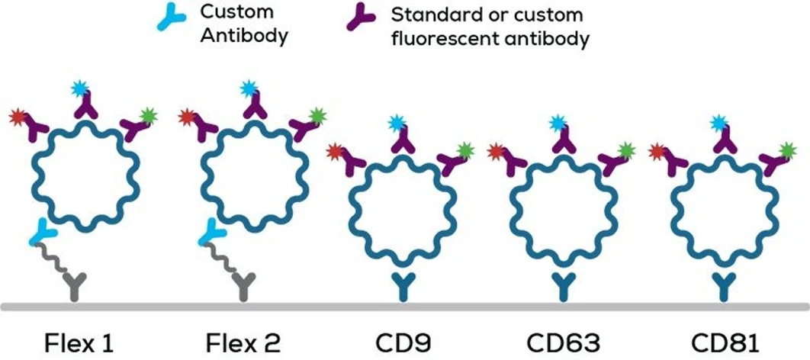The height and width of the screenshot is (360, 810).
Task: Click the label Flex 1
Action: [80, 341]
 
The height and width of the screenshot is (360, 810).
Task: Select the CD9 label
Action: [402, 341]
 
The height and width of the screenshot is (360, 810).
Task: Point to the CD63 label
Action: [564, 341]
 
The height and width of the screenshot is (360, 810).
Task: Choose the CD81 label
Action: [725, 341]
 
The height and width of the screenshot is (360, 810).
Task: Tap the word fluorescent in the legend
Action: [442, 38]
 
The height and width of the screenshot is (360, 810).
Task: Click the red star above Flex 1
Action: [18, 117]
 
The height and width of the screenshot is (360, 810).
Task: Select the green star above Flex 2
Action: [317, 117]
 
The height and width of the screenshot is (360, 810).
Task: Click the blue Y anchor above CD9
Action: [402, 285]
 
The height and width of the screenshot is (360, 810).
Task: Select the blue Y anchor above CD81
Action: [725, 285]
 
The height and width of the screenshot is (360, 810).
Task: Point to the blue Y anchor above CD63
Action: [564, 285]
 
